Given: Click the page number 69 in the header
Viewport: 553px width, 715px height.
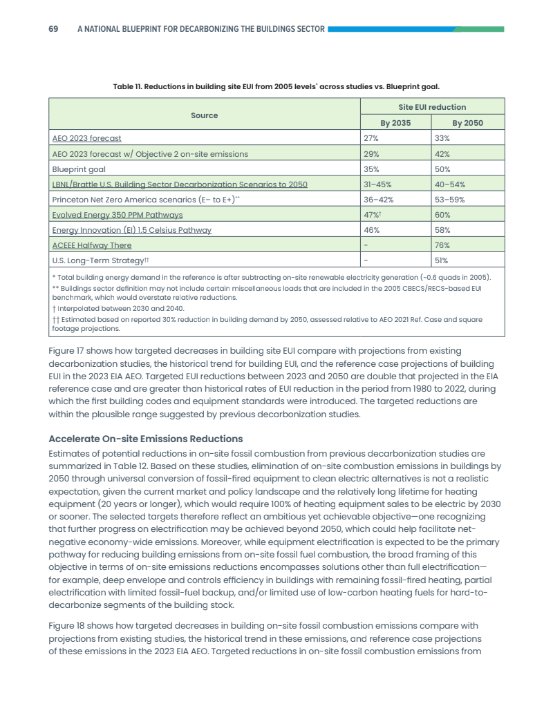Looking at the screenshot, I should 53,29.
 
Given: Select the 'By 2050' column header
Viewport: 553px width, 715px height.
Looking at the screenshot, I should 467,123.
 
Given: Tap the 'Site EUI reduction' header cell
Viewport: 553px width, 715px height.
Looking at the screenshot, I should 432,107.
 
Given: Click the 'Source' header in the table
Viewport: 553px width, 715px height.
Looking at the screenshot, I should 204,115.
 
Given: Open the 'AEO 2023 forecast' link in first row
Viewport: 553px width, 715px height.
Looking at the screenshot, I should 86,138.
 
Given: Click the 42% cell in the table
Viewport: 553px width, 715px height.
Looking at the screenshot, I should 442,153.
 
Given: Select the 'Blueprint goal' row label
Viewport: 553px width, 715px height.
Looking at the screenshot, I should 77,169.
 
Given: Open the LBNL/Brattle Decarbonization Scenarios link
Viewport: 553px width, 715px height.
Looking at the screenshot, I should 180,184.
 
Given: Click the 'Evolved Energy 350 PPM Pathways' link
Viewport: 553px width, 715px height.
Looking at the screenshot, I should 118,215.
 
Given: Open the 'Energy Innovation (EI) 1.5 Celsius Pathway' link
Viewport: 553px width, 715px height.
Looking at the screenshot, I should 131,230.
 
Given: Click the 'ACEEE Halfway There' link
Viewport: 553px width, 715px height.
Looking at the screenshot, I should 92,245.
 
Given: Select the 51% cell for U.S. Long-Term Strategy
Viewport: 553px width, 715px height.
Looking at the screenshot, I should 442,260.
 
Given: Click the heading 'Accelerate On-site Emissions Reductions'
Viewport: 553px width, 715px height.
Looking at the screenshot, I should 145,439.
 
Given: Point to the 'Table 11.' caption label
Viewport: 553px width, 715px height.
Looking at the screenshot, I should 129,86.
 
